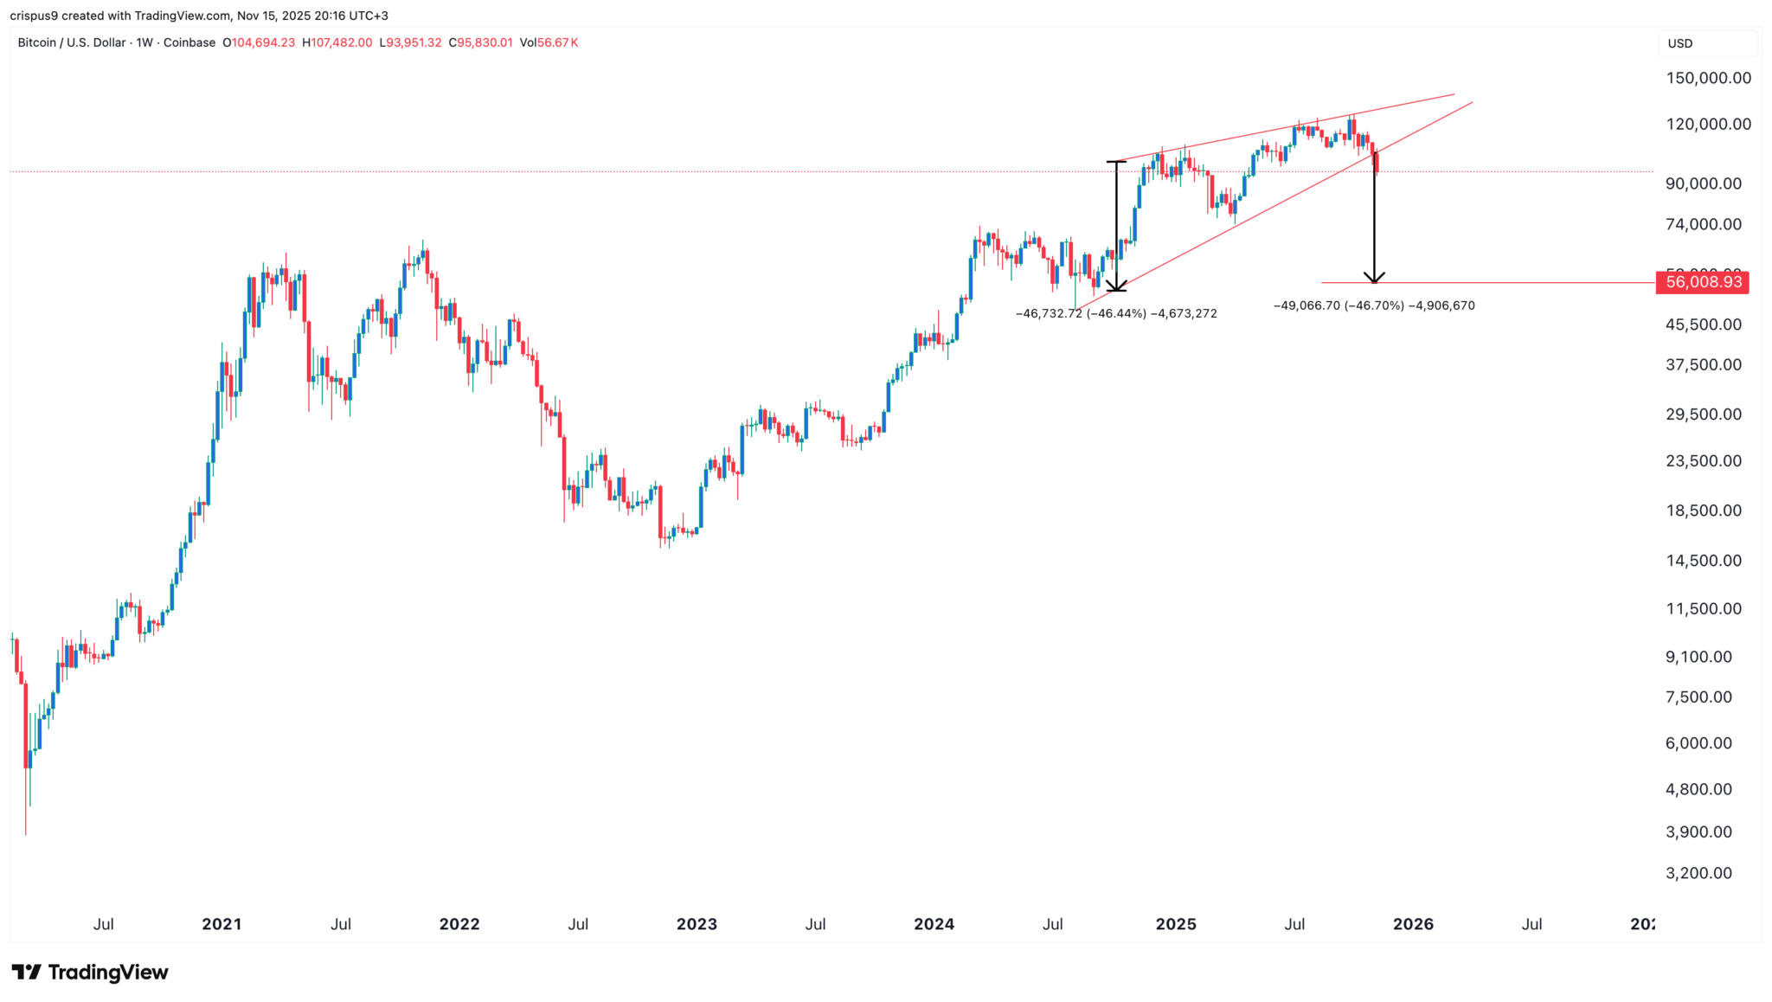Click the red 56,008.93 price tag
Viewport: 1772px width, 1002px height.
(1701, 282)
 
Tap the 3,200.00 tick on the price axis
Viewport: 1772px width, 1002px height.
(1698, 873)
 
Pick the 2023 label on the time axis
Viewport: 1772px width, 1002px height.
(697, 924)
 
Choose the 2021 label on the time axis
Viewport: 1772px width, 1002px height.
(221, 924)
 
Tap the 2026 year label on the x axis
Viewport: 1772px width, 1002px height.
(1413, 924)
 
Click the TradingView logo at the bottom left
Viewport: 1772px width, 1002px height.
(90, 973)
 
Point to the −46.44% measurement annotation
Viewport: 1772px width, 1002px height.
(1116, 314)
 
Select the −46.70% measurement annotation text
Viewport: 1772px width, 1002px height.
(1374, 305)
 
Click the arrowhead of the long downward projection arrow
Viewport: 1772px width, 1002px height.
(1374, 279)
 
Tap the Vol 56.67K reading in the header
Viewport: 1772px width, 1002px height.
(549, 42)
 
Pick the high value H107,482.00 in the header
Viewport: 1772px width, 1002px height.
(337, 42)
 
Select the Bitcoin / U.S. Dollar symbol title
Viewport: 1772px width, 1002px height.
(72, 42)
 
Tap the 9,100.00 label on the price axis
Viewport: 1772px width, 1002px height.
(1698, 657)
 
